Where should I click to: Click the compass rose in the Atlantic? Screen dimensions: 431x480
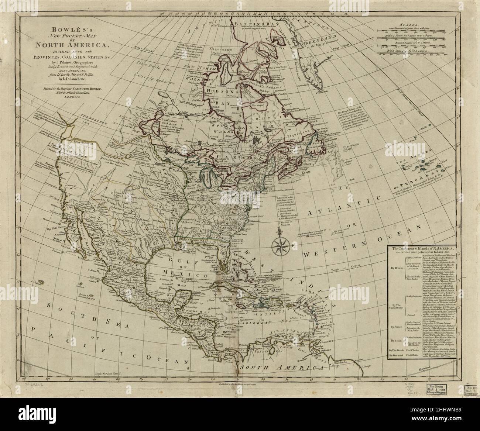coord(281,244)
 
